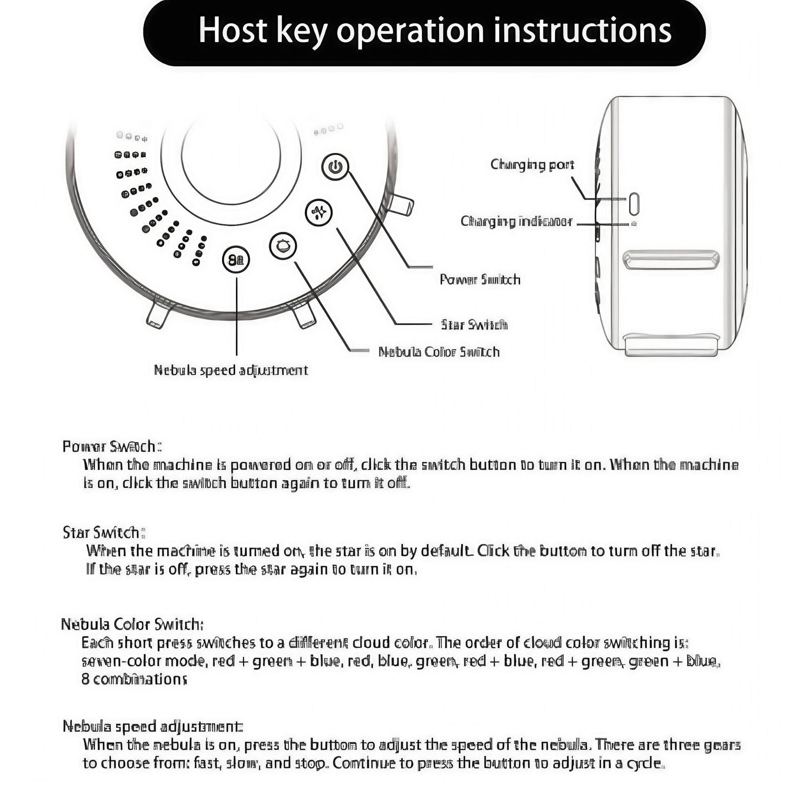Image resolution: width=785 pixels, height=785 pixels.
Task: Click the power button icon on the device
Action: coord(335,167)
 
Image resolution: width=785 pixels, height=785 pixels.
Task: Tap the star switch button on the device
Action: coord(319,212)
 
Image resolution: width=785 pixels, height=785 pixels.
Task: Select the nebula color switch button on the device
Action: coord(283,246)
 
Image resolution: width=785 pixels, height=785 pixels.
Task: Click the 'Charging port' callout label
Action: coord(532,165)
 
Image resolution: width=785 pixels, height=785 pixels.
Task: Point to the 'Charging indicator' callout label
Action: coord(516,222)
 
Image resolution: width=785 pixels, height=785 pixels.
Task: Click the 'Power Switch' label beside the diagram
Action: coord(480,280)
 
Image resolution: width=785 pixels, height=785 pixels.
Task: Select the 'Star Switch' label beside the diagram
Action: coord(474,325)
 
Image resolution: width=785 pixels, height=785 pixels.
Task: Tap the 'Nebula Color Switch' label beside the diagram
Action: coord(439,352)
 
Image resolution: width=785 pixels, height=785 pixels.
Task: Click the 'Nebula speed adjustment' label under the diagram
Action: coord(231,370)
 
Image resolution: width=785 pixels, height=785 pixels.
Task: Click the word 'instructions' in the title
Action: coord(583,31)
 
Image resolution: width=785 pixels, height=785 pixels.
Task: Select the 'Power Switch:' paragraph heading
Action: coord(112,446)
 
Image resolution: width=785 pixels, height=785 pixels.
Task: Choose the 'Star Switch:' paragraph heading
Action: coord(104,533)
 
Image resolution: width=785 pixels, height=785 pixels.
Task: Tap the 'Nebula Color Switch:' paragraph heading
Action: coord(132,624)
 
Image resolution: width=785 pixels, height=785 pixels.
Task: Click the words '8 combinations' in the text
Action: coord(134,679)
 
